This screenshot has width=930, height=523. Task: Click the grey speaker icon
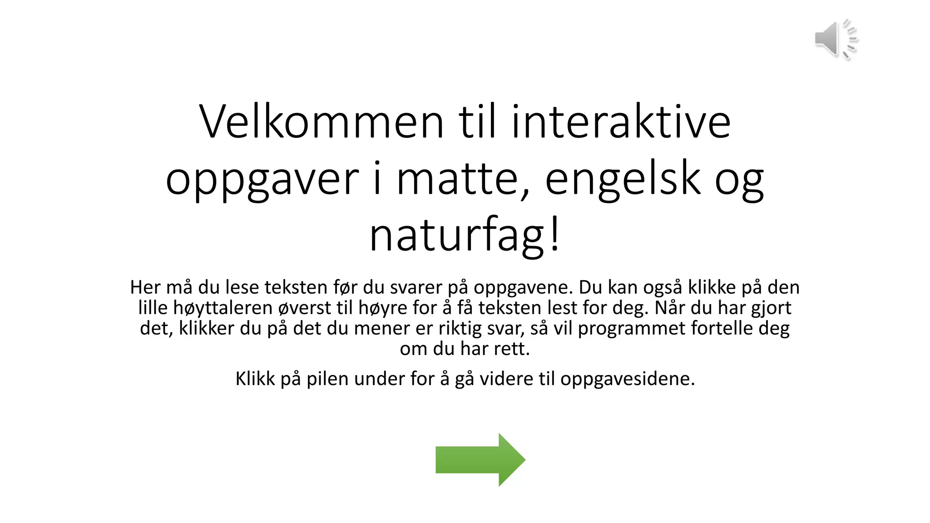[x=835, y=39]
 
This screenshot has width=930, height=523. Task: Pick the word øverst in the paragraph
[x=304, y=308]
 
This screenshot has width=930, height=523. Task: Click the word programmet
[x=631, y=328]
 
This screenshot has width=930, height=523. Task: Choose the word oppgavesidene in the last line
[x=627, y=379]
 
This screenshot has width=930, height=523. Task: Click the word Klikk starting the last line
[x=255, y=379]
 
